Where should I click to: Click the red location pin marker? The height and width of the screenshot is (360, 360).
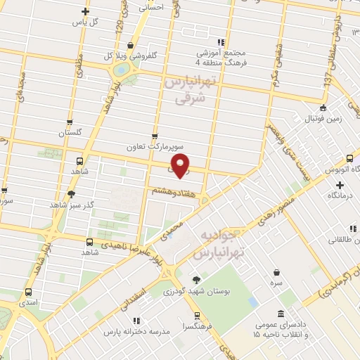[181, 165]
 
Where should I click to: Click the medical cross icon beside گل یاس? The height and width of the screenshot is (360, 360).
[86, 11]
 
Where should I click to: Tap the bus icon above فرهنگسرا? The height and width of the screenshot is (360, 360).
[197, 315]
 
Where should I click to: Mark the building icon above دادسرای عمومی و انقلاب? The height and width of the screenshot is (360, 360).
[281, 314]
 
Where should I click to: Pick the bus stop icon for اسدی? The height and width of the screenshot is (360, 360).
[29, 292]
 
